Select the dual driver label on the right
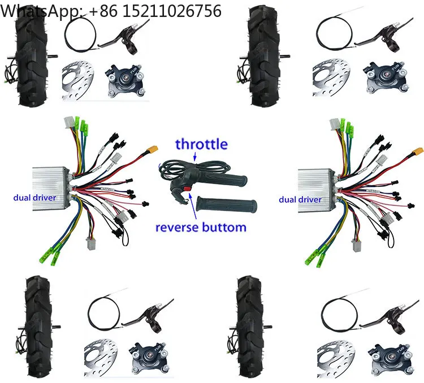(x=300, y=199)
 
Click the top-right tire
(x=264, y=59)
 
